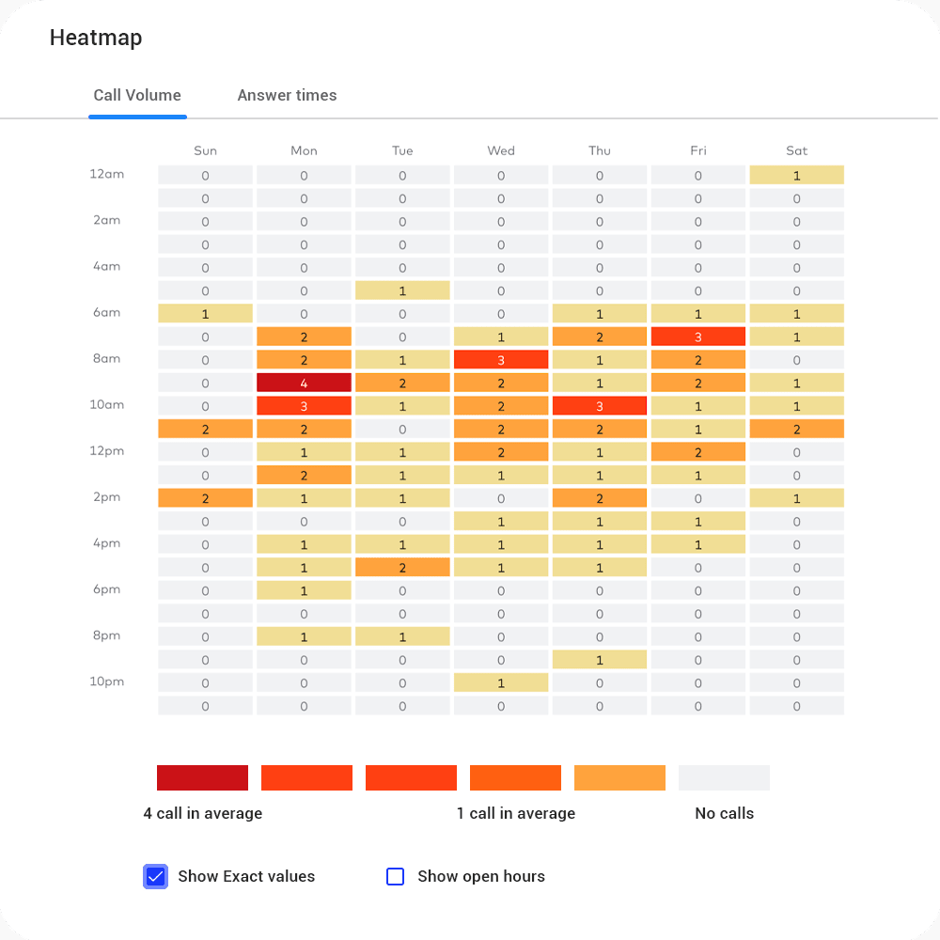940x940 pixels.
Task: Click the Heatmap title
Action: [96, 39]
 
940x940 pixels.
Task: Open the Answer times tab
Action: [287, 95]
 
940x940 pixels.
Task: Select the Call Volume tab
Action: [137, 95]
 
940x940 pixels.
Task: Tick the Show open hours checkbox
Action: [396, 876]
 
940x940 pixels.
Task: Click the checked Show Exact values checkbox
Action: [155, 876]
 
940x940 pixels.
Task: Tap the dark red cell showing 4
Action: [304, 383]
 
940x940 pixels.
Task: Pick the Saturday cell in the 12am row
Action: [796, 175]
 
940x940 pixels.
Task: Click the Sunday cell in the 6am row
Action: [205, 313]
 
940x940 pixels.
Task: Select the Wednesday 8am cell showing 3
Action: [501, 359]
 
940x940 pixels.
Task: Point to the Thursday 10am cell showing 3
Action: [600, 405]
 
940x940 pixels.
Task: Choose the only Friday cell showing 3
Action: [697, 337]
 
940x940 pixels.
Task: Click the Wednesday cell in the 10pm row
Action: [501, 682]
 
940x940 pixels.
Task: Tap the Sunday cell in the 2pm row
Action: [205, 497]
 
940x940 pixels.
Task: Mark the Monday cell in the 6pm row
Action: [304, 589]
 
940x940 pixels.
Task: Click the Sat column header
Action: [796, 150]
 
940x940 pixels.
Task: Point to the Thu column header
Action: [600, 150]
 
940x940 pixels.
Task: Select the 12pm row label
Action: [107, 451]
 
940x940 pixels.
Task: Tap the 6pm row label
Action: [107, 589]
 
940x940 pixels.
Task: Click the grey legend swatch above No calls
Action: [724, 777]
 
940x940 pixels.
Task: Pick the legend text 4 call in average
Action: [203, 813]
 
